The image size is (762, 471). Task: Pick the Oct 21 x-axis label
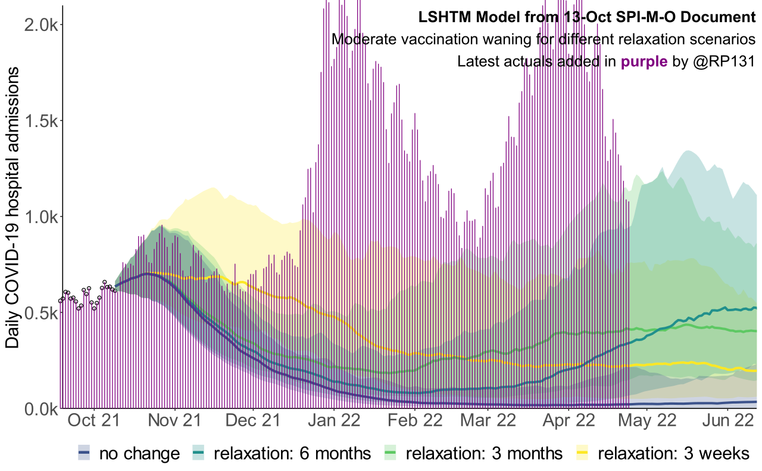coord(94,421)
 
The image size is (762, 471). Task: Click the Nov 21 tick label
coord(176,421)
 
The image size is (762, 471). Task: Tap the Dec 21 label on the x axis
coord(254,421)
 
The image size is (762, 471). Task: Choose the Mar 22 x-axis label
coord(488,421)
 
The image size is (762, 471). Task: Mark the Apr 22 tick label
coord(568,421)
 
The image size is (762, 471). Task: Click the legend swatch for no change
coord(85,454)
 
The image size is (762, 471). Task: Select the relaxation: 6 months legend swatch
coord(198,454)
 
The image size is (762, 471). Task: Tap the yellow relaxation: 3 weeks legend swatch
coord(583,454)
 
